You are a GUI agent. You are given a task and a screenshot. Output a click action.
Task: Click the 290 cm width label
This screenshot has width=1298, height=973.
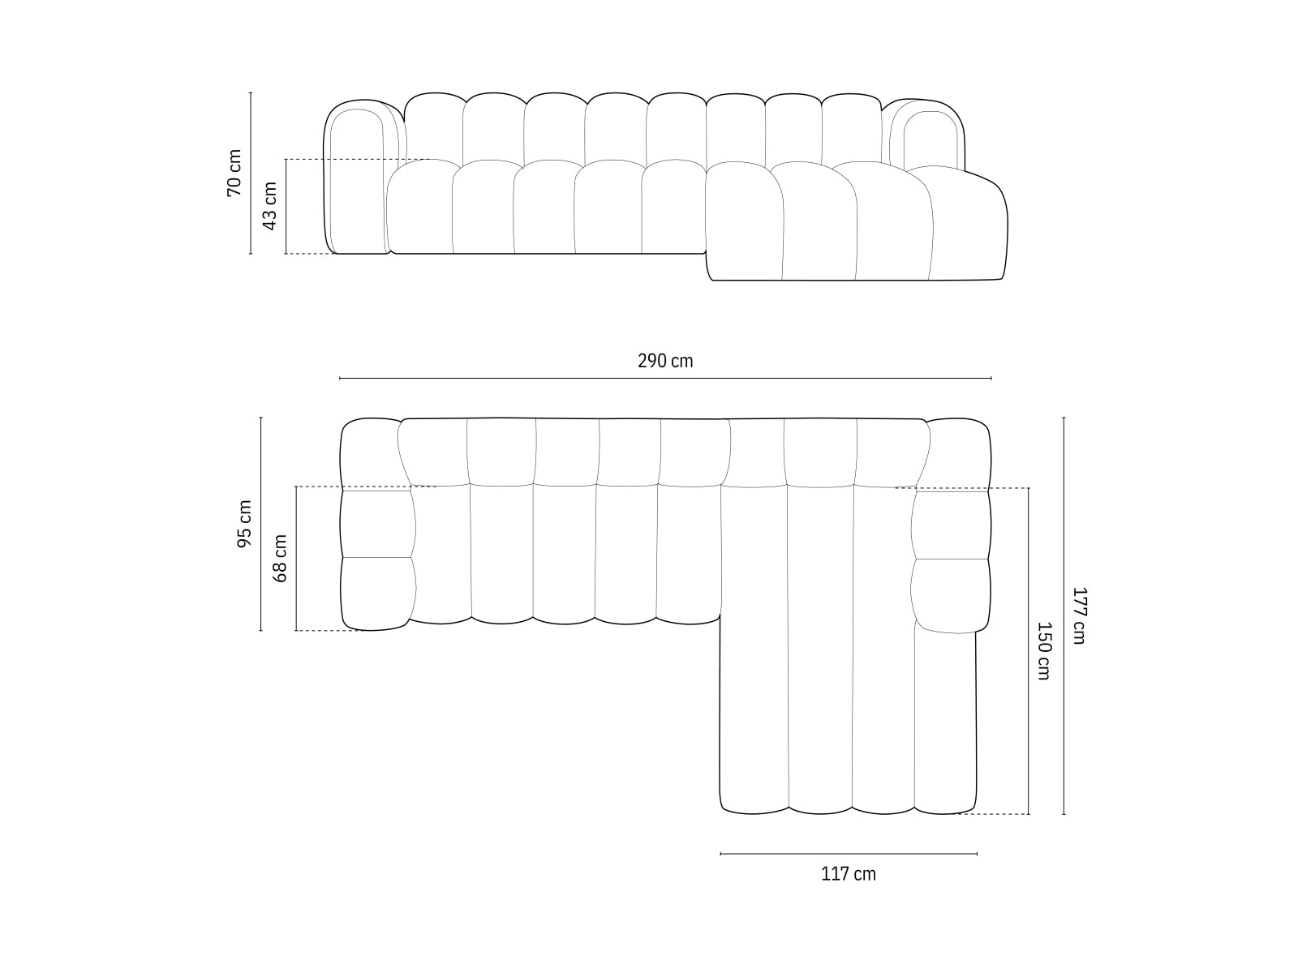click(x=665, y=361)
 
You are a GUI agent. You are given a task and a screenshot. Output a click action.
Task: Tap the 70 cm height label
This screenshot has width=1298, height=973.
click(x=234, y=173)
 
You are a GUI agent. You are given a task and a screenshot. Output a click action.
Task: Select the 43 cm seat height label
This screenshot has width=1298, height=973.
click(x=270, y=205)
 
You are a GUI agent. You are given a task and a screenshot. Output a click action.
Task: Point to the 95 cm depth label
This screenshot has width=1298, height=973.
click(x=244, y=524)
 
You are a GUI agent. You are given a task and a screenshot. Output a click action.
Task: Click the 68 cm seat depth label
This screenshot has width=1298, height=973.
click(x=281, y=558)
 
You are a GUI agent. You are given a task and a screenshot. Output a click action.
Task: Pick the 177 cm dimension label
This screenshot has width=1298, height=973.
click(x=1078, y=615)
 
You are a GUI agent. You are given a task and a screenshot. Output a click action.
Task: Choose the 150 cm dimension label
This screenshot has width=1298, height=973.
click(x=1044, y=650)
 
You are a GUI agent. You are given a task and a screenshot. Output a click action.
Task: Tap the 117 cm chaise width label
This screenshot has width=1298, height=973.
click(x=849, y=874)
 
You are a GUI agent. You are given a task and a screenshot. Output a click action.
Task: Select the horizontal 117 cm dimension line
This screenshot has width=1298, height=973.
click(x=849, y=853)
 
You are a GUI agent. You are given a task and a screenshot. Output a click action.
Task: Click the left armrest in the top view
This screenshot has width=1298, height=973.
click(x=376, y=525)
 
